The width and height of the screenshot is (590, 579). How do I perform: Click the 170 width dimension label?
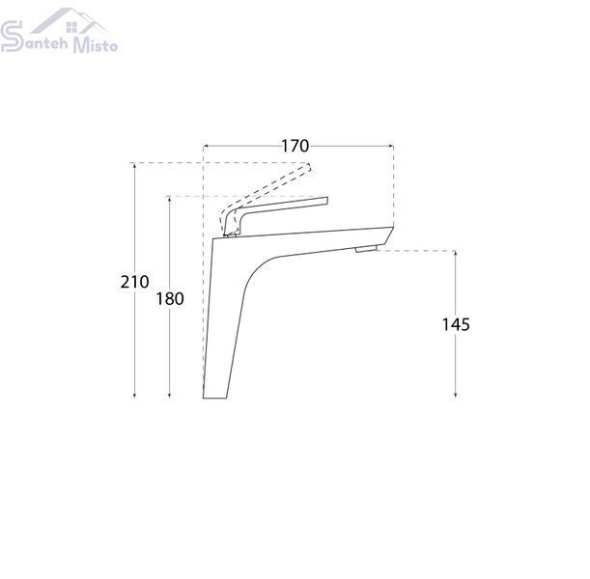(295, 146)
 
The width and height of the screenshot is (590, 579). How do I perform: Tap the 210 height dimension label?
(134, 282)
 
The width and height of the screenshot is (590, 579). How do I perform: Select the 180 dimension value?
(170, 299)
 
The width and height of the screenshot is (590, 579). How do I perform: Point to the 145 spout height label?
(456, 324)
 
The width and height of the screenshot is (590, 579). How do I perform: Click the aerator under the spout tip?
(366, 249)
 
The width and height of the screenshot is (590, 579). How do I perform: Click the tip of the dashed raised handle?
(309, 167)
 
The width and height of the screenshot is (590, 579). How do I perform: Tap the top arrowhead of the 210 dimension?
(134, 165)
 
